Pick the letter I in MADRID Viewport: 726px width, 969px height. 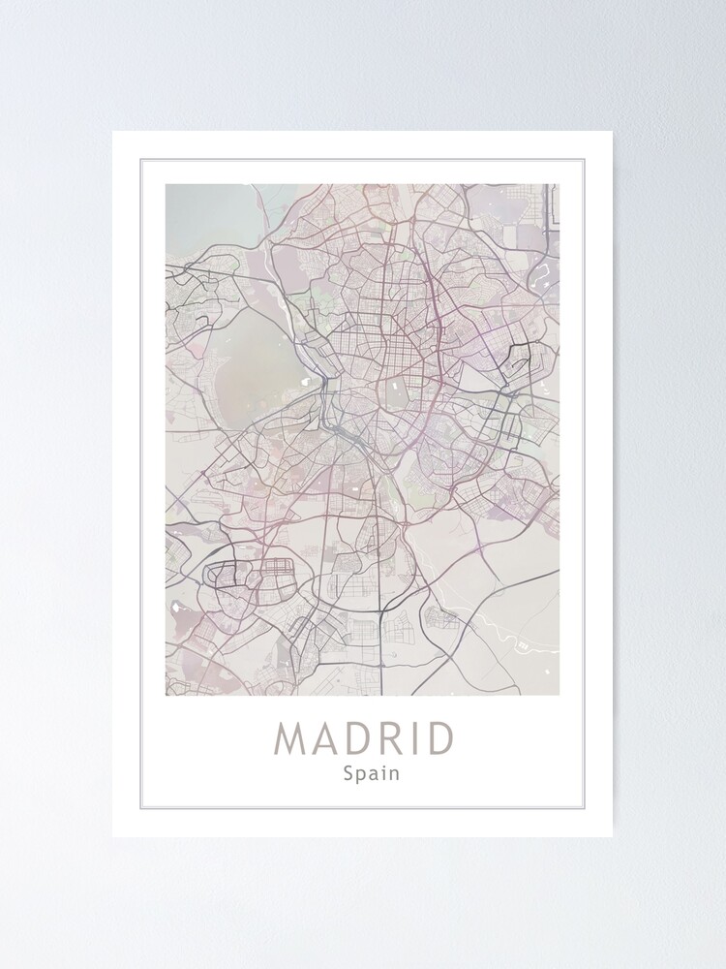coord(416,738)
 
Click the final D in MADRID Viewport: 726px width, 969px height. coord(439,738)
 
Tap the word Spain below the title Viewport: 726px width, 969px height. coord(371,773)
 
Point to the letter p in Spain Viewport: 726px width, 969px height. coord(360,775)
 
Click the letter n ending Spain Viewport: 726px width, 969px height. coord(394,773)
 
